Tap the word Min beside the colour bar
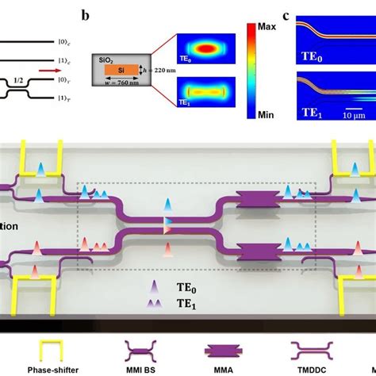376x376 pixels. coord(266,114)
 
